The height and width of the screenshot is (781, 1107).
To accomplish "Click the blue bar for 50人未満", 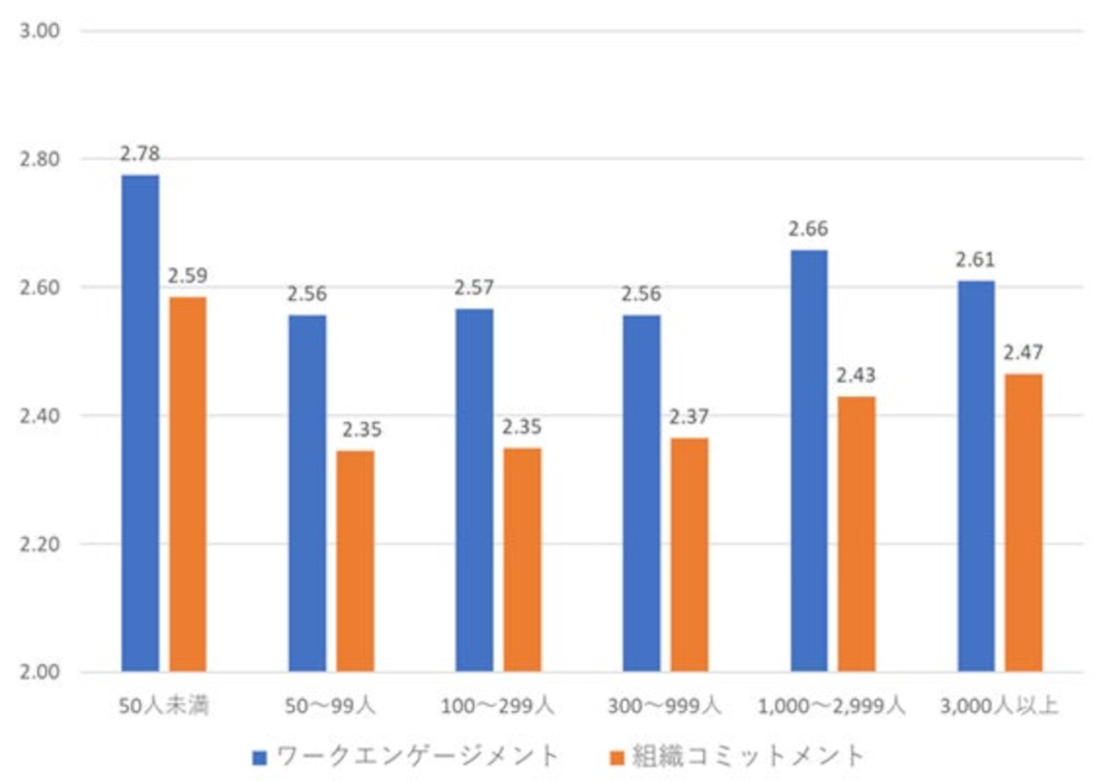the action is (x=140, y=423).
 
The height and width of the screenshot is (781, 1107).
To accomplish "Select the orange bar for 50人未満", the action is (x=188, y=484).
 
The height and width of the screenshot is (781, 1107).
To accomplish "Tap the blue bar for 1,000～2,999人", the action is (x=809, y=460).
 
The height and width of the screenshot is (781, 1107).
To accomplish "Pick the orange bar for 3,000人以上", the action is (x=1024, y=523).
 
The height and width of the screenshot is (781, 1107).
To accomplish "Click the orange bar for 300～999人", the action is (x=689, y=554).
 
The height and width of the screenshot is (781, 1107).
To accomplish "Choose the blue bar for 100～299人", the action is (x=474, y=490).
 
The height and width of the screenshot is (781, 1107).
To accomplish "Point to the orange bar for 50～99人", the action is (x=355, y=561).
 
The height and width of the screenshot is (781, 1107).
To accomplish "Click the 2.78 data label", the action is (x=140, y=154).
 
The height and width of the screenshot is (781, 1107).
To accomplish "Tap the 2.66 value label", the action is (x=808, y=229).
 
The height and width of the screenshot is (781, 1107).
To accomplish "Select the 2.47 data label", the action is (x=1023, y=353).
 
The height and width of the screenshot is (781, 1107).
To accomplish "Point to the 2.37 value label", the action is (x=689, y=417).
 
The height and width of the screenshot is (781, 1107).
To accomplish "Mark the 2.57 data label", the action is (x=474, y=288).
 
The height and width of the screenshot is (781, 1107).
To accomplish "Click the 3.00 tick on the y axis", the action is (x=40, y=30).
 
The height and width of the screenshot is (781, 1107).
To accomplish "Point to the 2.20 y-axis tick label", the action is (x=40, y=544).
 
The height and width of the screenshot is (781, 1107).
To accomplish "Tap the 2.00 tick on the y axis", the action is (x=40, y=672).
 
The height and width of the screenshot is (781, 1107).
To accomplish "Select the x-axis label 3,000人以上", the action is (x=999, y=706).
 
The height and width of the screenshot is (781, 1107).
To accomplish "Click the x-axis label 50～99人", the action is (x=330, y=706).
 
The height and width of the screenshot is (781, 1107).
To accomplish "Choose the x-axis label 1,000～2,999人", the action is (x=832, y=706).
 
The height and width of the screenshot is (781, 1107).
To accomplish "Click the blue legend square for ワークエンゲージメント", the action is (x=259, y=758).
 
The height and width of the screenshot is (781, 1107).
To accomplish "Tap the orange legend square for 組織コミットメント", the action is (x=617, y=758).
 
